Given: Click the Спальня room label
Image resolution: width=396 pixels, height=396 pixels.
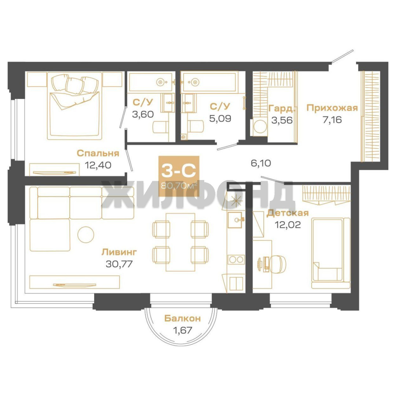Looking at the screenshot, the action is (98, 153).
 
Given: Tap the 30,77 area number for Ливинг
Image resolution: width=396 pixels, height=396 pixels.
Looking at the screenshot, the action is (119, 264).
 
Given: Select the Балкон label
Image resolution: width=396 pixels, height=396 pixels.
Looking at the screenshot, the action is (182, 319).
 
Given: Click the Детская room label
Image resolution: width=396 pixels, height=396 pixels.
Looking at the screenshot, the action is (288, 213).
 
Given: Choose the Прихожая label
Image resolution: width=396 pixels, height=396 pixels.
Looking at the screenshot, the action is (332, 108).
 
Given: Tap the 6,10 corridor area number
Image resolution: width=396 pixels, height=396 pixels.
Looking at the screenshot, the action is (261, 163).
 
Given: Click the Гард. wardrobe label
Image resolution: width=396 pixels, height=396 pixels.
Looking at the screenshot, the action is (282, 109).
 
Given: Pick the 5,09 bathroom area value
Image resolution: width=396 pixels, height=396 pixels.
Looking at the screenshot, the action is (220, 118).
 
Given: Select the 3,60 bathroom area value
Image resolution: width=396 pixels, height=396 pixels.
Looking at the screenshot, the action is (143, 114).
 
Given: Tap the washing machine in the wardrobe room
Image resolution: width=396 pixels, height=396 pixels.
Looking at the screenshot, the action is (260, 126).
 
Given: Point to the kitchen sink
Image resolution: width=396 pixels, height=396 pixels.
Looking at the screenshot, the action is (236, 220).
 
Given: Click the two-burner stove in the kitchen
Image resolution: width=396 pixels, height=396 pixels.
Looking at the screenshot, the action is (236, 259).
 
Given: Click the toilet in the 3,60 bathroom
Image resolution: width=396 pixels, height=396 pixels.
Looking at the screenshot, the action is (160, 127).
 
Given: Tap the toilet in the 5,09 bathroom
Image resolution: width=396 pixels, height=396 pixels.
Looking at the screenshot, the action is (196, 126).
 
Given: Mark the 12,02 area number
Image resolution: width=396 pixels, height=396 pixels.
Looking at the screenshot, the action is (288, 224).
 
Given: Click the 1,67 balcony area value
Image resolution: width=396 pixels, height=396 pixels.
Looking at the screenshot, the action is (182, 330).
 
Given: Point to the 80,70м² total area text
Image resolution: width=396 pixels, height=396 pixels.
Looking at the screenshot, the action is (179, 186).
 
